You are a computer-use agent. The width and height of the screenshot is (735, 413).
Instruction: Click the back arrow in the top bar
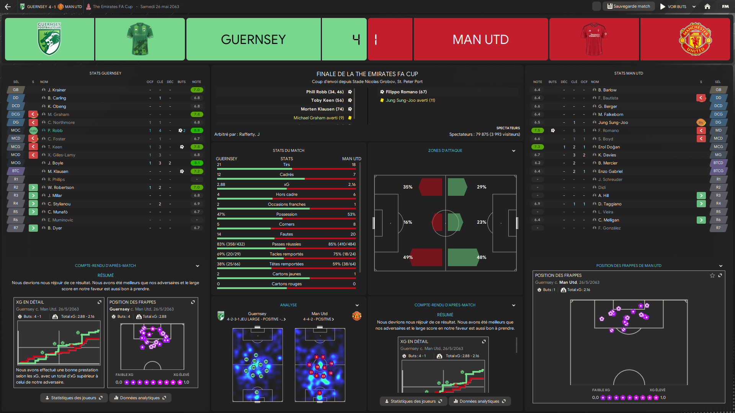pos(8,7)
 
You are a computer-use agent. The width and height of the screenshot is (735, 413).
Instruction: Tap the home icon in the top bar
pos(707,7)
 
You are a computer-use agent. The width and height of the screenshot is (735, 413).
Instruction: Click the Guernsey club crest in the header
pos(49,39)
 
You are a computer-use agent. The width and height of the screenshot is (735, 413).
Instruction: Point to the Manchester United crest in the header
pos(695,39)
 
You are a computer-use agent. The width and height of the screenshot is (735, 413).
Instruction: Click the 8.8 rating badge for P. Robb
pos(197,131)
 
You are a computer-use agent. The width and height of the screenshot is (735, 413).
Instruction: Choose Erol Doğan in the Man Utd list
pos(609,147)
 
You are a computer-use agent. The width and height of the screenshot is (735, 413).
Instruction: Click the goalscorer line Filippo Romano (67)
pos(406,92)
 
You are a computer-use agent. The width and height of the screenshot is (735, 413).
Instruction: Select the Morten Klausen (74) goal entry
pos(322,109)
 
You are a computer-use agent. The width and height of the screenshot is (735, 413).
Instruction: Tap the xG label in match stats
pos(286,184)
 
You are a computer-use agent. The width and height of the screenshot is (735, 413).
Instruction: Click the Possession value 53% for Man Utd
pos(351,214)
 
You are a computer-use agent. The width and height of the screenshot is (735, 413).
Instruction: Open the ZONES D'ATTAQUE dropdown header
pos(445,151)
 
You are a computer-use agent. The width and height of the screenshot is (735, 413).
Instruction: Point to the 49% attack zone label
pos(408,257)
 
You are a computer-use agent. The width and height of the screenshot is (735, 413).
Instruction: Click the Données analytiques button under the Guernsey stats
pos(140,398)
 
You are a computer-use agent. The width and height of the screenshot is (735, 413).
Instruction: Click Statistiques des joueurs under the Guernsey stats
pos(73,398)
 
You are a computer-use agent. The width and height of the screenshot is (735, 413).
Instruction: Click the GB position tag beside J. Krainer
pos(16,90)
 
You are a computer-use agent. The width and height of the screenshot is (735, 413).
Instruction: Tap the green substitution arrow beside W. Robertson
pos(33,187)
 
